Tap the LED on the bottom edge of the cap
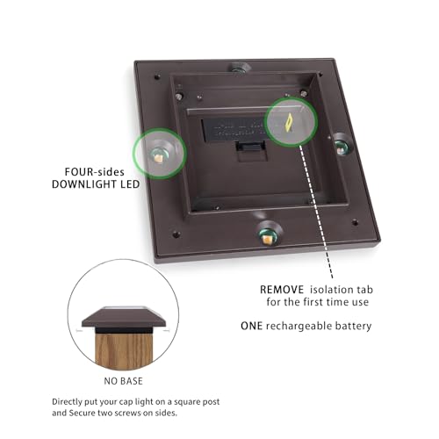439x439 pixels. (264, 234)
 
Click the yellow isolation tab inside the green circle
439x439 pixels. (291, 120)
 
